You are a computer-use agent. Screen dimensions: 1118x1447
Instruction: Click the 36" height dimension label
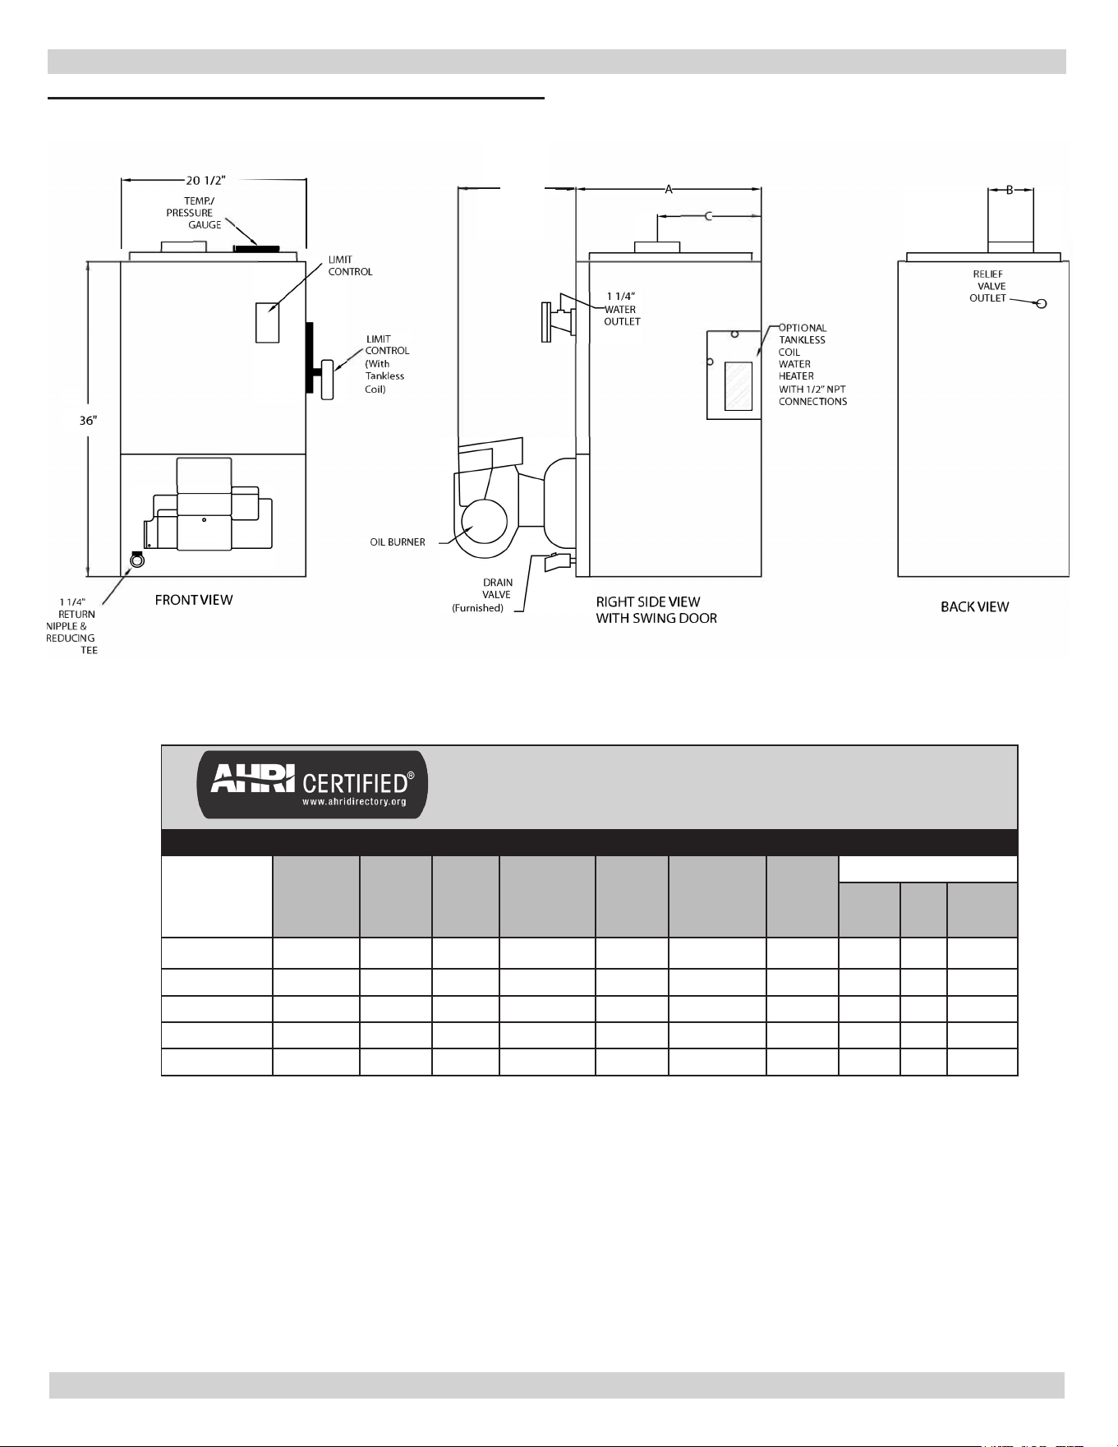88,420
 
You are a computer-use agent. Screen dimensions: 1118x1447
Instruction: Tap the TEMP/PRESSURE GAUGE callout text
194,213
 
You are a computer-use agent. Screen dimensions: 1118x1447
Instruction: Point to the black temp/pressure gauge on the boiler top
257,248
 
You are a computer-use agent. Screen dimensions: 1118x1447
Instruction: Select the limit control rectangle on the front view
267,322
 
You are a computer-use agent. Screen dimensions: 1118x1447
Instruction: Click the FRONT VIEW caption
194,600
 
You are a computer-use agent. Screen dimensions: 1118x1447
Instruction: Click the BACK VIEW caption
975,607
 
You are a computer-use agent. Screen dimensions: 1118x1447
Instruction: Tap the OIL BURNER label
398,542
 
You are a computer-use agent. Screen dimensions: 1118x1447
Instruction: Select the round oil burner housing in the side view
484,521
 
